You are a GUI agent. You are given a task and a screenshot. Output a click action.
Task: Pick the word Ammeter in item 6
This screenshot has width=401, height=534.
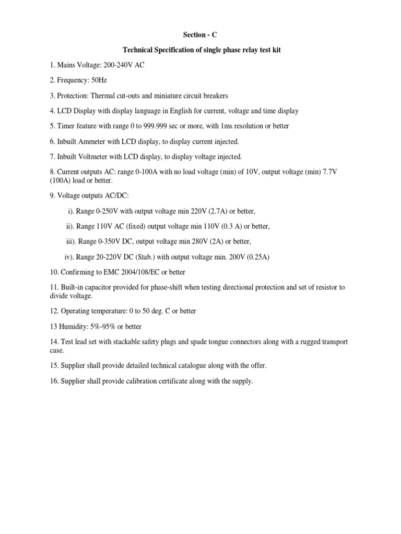click(x=96, y=141)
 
